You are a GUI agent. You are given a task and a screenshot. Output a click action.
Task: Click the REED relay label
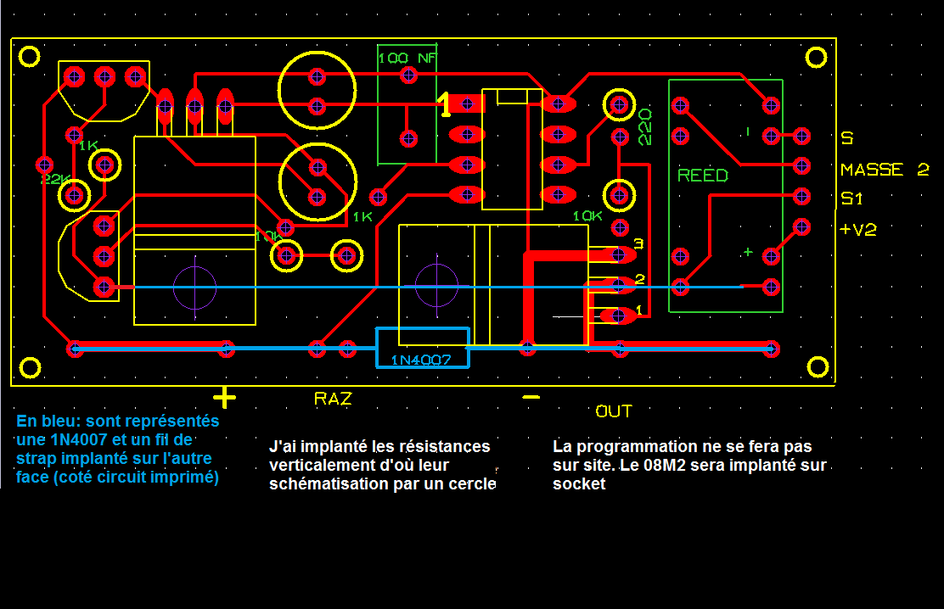[x=703, y=176]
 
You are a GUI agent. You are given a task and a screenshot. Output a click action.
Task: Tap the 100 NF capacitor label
[x=406, y=59]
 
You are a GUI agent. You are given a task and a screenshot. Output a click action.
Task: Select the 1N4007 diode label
[x=423, y=360]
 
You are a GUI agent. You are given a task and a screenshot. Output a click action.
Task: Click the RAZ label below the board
[x=333, y=398]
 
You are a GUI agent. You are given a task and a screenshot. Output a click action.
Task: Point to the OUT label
[x=614, y=411]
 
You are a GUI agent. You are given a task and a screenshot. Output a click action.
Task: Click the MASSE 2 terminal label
[x=885, y=170]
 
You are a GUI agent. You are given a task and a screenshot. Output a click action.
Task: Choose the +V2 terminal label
[x=858, y=230]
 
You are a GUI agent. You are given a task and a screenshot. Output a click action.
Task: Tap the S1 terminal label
[x=852, y=198]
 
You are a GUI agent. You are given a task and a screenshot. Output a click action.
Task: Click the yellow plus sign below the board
[x=224, y=397]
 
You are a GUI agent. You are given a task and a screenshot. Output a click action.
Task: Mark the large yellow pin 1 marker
[x=445, y=105]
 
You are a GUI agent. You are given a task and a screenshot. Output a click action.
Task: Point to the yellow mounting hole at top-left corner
[x=30, y=57]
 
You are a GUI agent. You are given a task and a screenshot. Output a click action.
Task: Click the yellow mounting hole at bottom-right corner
[x=818, y=366]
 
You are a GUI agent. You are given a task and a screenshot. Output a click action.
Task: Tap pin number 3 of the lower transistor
[x=638, y=244]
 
